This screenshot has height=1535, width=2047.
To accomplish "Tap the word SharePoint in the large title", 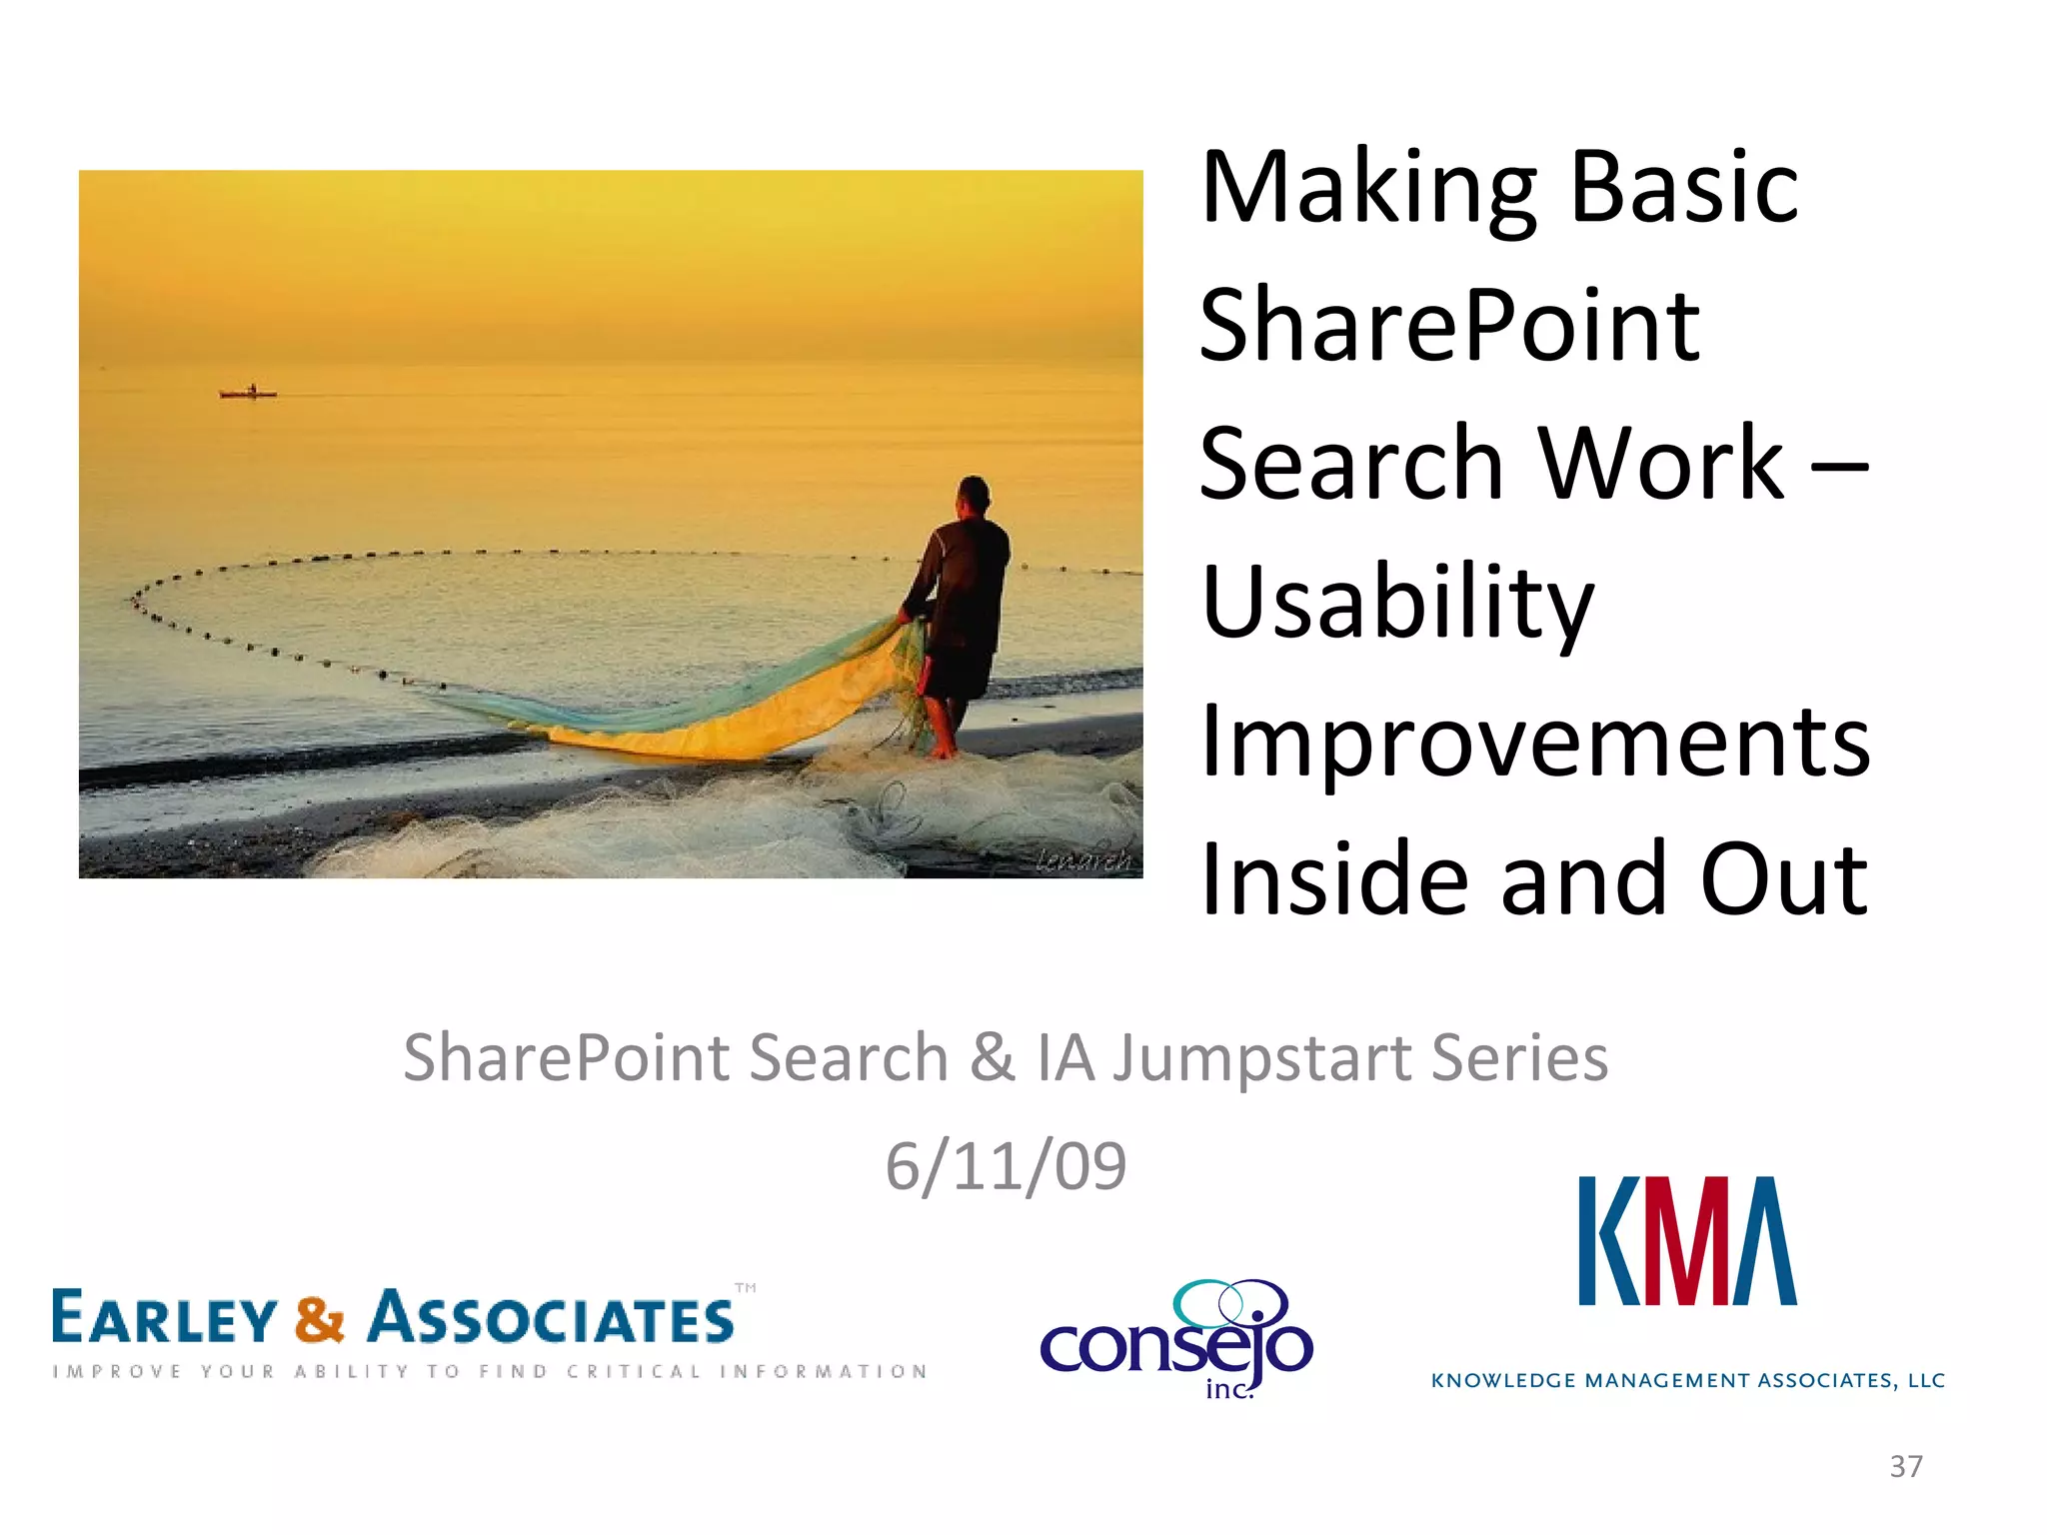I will tap(1449, 328).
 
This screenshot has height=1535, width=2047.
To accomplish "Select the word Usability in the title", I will tap(1397, 605).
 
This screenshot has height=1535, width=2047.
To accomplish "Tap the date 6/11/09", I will tap(1006, 1166).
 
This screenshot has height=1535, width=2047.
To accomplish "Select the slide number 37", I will tap(1905, 1466).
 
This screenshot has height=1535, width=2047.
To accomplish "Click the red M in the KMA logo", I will tap(1687, 1241).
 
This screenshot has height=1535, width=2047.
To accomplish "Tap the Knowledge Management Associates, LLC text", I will tap(1687, 1381).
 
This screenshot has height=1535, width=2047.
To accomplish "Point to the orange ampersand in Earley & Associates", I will tap(319, 1319).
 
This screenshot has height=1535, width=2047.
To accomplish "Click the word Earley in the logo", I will tap(163, 1319).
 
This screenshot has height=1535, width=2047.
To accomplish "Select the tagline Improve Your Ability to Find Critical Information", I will tap(490, 1372).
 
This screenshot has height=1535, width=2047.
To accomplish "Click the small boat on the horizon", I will tap(248, 393).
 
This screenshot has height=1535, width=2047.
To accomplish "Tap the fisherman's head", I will tap(973, 495).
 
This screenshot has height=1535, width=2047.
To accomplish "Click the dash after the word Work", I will tap(1840, 465).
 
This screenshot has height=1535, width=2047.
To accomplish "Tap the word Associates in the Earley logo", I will tap(551, 1319).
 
